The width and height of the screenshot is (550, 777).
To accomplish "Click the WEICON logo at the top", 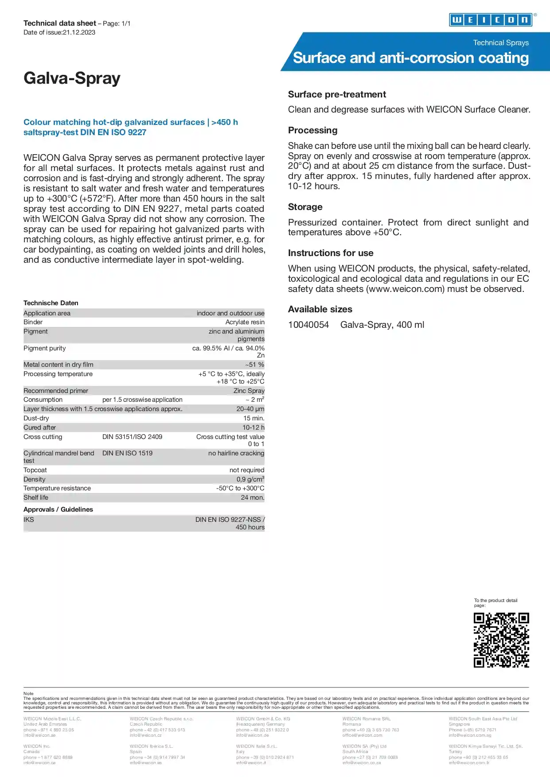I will [491, 20].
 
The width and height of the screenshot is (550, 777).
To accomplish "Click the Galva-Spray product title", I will [72, 78].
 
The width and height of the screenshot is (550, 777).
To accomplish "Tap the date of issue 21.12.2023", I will [78, 32].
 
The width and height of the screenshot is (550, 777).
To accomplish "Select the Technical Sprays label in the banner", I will [501, 43].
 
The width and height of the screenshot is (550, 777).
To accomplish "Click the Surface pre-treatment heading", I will [337, 94].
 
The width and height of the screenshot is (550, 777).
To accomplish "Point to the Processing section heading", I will [312, 130].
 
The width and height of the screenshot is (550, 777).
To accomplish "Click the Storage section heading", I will [305, 207].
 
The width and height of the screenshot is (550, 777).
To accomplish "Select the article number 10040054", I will [308, 325].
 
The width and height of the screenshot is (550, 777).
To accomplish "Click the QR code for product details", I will [501, 640].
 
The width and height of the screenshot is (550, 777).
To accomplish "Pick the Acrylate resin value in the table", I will [245, 322].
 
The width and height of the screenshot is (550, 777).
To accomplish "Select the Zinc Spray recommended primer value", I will [249, 391].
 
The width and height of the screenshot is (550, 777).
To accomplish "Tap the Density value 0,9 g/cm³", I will [250, 479].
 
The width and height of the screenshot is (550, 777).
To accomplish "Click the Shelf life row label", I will [36, 497].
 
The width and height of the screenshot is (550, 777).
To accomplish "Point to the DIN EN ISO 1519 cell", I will [127, 453].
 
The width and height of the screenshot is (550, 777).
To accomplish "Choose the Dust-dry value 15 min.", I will [254, 418].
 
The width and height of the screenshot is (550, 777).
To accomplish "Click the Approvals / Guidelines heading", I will [58, 509].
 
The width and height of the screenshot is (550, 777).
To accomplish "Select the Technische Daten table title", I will [51, 303].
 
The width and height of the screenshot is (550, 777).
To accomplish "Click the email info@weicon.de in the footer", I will [252, 735].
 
